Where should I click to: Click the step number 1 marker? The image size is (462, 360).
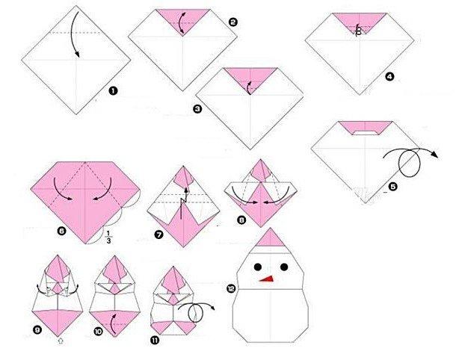113,93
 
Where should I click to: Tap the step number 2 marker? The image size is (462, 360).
232,23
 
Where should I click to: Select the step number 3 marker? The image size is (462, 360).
197,108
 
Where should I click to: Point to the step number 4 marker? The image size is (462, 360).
389,75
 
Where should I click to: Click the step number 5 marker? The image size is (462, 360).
393,186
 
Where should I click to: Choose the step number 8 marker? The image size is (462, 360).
241,220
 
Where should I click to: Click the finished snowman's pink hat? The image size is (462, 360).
274,239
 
